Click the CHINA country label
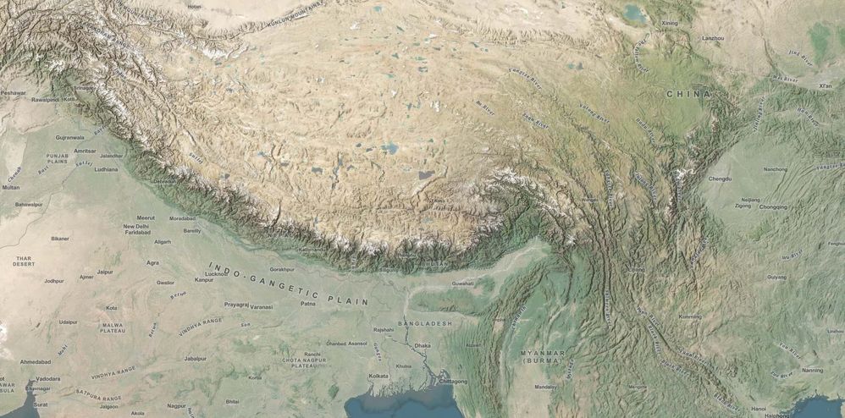[687, 93]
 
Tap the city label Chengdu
[720, 179]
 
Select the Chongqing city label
[773, 206]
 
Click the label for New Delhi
[135, 227]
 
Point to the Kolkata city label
[379, 375]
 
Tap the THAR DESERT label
[24, 261]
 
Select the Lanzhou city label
[714, 39]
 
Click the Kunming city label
[690, 316]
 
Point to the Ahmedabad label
[36, 361]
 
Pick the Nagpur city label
[176, 406]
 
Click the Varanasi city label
[261, 306]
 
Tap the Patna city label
[307, 303]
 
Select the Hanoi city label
[759, 409]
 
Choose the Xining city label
[670, 23]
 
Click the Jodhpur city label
[54, 281]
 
